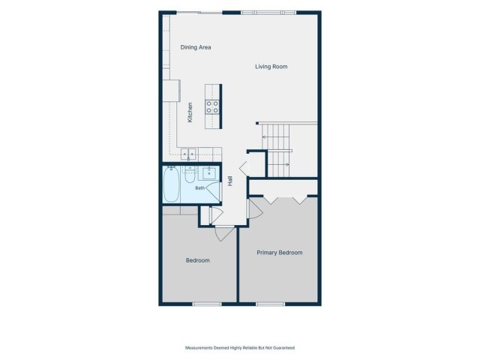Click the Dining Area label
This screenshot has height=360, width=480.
(196, 47)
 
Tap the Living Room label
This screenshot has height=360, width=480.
(271, 67)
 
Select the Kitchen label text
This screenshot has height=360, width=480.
(190, 112)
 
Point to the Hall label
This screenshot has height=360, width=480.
(230, 181)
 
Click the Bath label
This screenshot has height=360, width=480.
(200, 188)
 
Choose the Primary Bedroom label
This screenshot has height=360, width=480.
(280, 253)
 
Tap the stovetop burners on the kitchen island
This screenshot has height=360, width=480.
(212, 106)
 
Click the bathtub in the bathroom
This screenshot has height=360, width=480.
(171, 184)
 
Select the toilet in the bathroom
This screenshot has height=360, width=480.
(190, 175)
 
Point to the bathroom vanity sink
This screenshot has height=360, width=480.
(209, 173)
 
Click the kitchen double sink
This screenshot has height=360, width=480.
(188, 154)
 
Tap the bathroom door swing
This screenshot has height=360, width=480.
(214, 191)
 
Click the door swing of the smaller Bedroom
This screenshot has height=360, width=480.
(225, 233)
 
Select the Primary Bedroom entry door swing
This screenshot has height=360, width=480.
(256, 208)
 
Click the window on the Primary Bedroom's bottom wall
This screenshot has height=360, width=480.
(270, 304)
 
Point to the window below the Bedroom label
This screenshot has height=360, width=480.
(207, 304)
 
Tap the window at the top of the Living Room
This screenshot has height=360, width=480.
(268, 13)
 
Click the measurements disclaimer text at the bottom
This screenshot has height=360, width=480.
(240, 348)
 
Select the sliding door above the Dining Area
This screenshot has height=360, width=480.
(199, 13)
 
